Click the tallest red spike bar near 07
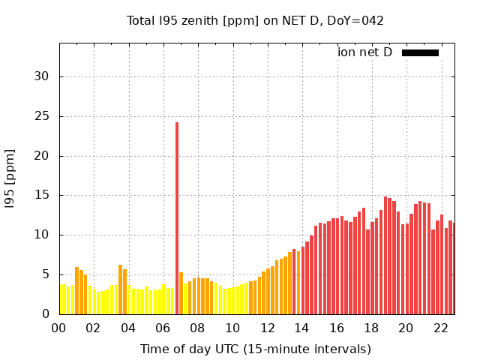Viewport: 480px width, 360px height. tap(177, 217)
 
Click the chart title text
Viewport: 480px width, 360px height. tap(255, 20)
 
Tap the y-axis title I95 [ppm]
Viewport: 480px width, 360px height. tap(10, 178)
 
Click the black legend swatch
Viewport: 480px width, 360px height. tap(420, 52)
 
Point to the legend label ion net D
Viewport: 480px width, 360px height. tap(364, 52)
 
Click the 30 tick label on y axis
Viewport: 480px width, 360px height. tap(42, 76)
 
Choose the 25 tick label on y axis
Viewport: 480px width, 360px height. tap(42, 116)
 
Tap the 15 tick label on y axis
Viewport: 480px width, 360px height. tap(42, 195)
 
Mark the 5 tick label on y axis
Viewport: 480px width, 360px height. tap(46, 274)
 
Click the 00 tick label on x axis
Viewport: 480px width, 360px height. tap(59, 328)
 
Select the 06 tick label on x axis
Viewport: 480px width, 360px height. tap(163, 328)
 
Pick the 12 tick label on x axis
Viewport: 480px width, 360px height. tap(267, 328)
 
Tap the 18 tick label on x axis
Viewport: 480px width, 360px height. tap(371, 328)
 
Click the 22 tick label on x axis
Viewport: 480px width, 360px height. tap(440, 328)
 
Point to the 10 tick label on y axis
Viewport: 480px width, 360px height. tap(42, 235)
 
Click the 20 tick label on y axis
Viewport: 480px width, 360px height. tap(42, 156)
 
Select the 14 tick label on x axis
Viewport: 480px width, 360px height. tap(301, 328)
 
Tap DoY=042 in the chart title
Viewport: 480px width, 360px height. tap(356, 20)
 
